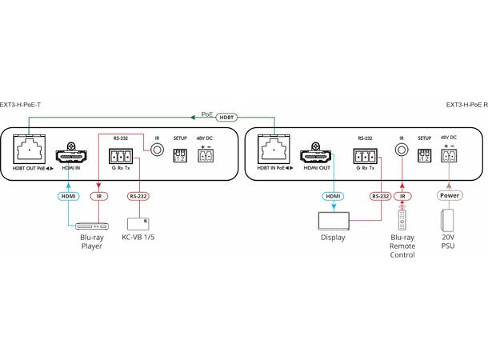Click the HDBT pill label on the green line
click(226, 118)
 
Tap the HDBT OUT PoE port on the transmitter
click(30, 149)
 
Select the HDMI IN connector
click(71, 154)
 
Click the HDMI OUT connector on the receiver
click(315, 154)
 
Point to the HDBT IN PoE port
click(274, 149)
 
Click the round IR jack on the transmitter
click(157, 150)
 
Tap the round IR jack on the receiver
click(402, 150)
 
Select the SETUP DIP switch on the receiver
click(425, 155)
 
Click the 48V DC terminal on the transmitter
click(206, 155)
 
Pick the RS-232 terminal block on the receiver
click(366, 156)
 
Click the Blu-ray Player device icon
click(92, 226)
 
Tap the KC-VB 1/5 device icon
click(138, 224)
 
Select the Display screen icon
click(334, 221)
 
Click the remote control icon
click(402, 220)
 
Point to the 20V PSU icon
click(447, 220)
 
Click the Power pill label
click(450, 195)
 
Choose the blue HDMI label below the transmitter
click(69, 196)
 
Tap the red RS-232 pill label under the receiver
click(380, 196)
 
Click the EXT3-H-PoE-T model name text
click(20, 105)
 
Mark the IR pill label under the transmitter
click(99, 196)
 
